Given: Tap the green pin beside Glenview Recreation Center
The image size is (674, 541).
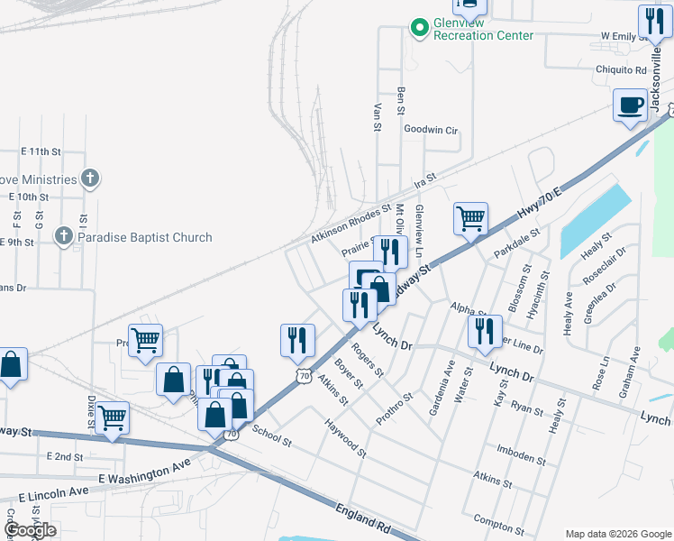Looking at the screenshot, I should click(x=419, y=28).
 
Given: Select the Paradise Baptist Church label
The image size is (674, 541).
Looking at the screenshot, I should click(x=144, y=237).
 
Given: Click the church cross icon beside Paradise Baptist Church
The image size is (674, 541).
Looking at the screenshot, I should click(x=62, y=236).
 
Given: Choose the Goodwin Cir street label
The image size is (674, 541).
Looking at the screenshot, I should click(x=431, y=130).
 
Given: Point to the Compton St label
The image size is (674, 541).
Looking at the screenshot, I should click(x=498, y=525).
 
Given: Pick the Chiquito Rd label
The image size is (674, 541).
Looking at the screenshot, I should click(x=621, y=69).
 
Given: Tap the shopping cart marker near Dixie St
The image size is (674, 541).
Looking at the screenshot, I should click(x=112, y=417).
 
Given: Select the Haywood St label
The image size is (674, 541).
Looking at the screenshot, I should click(x=346, y=437).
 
